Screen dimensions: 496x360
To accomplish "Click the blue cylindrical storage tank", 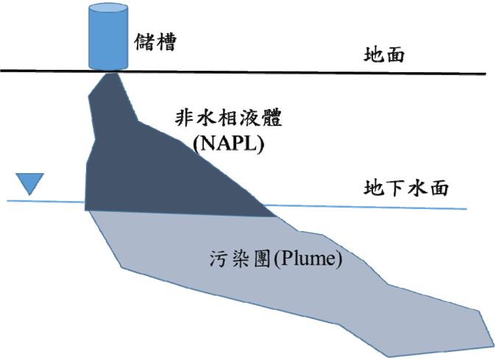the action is (108, 37).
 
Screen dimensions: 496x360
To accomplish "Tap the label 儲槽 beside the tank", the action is (155, 42).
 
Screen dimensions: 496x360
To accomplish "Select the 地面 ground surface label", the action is (384, 54).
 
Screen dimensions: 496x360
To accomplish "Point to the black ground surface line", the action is (243, 72).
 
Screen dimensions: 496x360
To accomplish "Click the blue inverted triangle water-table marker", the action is (29, 182).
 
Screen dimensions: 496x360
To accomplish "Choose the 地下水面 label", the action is (406, 188).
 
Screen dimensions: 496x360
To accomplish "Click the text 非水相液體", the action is (228, 118).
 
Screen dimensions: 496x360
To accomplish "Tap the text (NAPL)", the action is (228, 144).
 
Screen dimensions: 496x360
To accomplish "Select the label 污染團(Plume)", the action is (276, 258).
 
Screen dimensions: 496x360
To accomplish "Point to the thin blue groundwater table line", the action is (237, 205).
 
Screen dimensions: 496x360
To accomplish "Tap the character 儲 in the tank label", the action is (144, 42).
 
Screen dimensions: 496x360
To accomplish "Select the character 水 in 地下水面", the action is (417, 188).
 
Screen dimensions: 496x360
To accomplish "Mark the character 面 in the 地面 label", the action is (395, 55).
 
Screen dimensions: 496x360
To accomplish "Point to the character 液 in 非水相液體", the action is (250, 118).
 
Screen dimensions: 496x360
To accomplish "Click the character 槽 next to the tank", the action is (166, 42).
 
